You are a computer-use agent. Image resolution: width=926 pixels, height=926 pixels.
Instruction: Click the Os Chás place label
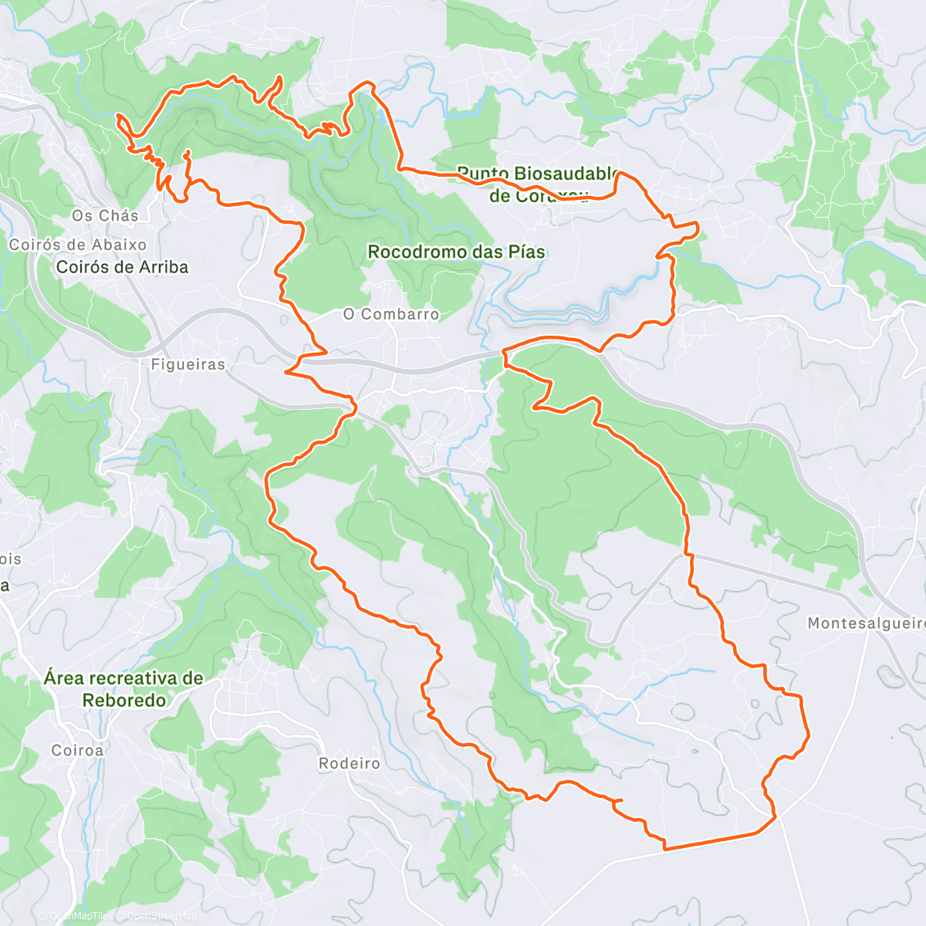click(x=105, y=216)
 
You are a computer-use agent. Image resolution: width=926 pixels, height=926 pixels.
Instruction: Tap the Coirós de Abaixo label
click(x=77, y=245)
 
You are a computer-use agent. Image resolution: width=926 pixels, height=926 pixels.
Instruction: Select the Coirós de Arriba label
click(x=122, y=267)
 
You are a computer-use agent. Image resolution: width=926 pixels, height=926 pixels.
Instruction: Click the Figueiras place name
click(x=188, y=364)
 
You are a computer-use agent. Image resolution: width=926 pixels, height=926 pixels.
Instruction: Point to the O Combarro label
click(x=391, y=314)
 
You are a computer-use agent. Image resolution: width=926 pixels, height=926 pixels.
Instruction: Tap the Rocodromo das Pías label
click(x=456, y=252)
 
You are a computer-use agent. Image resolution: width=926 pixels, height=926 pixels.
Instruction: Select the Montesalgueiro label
click(x=866, y=623)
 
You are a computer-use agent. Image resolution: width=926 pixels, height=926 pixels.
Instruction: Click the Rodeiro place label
click(x=350, y=763)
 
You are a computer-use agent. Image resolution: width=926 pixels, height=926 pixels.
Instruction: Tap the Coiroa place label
click(x=77, y=750)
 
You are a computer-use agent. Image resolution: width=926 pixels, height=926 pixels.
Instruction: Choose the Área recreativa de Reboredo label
click(x=123, y=689)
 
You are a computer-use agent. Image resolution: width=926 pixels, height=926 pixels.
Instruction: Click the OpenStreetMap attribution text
click(x=161, y=916)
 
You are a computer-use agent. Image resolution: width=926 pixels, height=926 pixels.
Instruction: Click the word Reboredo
click(x=124, y=701)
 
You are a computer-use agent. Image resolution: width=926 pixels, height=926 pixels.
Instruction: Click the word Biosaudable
click(x=566, y=174)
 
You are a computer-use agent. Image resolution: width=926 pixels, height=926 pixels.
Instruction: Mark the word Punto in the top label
click(x=482, y=174)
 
